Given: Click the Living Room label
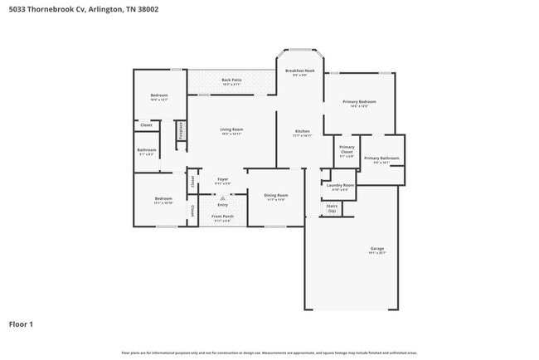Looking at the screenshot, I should point(231,129).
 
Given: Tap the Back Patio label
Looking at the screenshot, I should point(231,80).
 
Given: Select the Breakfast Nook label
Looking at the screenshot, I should point(299,71).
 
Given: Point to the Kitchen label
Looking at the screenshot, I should point(303,131).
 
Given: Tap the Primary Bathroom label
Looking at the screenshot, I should point(381,158).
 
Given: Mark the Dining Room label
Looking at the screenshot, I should point(275,197).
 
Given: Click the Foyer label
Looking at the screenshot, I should point(222,179).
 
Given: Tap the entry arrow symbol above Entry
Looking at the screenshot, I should point(222,197).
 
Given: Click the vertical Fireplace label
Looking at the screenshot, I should point(181,131).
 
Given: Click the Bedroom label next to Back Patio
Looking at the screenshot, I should point(159,96).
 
